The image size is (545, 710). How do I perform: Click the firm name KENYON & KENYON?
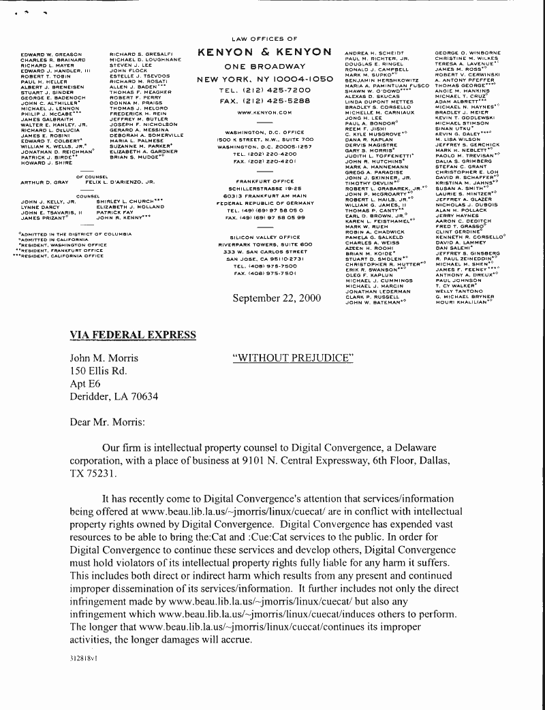(264, 52)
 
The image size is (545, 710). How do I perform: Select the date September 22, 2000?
(277, 298)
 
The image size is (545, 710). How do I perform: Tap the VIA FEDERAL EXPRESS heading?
(133, 335)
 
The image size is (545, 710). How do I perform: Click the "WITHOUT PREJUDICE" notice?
(293, 358)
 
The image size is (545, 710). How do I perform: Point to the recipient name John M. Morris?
(104, 358)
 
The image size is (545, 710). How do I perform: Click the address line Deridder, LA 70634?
(114, 396)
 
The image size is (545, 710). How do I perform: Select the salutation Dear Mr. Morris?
(108, 422)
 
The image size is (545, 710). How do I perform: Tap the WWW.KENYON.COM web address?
(264, 112)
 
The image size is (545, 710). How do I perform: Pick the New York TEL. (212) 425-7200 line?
(264, 90)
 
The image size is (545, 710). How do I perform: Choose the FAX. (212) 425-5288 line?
(264, 101)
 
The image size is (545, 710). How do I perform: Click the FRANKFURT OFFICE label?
(264, 181)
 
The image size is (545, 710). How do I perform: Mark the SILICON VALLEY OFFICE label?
(264, 237)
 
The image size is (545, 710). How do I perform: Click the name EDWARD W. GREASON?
(51, 54)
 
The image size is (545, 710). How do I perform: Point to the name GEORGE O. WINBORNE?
(467, 52)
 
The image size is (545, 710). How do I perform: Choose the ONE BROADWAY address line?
(264, 67)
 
